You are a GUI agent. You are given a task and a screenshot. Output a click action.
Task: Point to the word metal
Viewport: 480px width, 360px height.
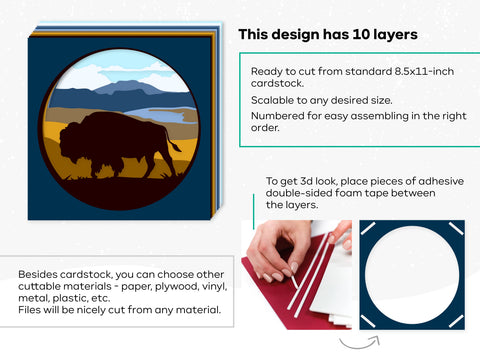[x=35, y=299]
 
